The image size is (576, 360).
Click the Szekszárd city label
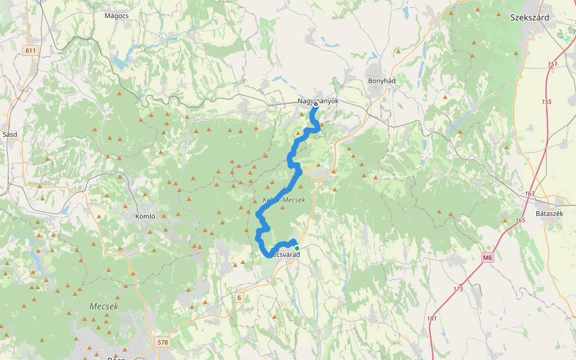[530, 17]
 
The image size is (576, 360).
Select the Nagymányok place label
[318, 101]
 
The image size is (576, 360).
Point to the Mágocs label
[117, 16]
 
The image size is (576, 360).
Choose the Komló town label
[146, 216]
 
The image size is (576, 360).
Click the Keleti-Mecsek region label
[284, 200]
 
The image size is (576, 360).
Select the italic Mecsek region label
[104, 306]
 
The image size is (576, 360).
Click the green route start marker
[296, 248]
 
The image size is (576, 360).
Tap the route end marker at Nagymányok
[316, 104]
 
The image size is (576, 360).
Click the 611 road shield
[31, 51]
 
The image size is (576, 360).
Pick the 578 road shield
[163, 342]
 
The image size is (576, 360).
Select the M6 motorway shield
[487, 257]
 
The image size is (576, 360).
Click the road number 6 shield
[239, 298]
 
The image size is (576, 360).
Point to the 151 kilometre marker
[553, 64]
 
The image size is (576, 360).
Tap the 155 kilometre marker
[546, 102]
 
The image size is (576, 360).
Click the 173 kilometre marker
[458, 289]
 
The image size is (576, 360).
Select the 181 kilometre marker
[432, 318]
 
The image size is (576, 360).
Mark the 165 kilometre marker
[520, 221]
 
